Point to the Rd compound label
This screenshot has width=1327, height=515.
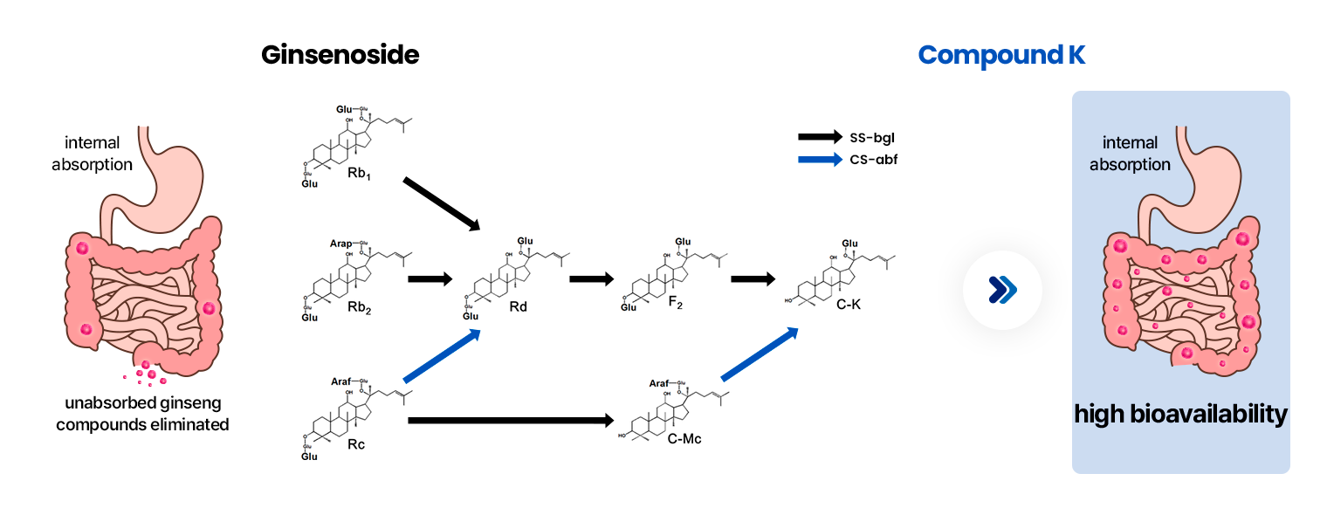click(518, 306)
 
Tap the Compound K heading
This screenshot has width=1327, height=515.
click(1002, 56)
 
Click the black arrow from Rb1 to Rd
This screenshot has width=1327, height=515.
click(441, 204)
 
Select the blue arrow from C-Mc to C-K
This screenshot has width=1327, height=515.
click(760, 354)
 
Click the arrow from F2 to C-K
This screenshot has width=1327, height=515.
click(753, 279)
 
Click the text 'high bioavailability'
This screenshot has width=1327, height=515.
click(1180, 414)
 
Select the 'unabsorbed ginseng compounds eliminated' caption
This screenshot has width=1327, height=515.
click(142, 415)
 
